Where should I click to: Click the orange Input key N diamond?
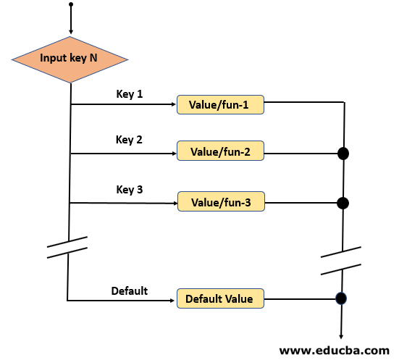70,58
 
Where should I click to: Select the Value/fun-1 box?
220,106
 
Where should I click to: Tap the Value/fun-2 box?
220,153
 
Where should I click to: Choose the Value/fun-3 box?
220,203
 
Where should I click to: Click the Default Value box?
220,298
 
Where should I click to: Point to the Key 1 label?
129,93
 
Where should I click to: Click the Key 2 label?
129,140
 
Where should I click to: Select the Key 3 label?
129,190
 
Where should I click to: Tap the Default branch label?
129,290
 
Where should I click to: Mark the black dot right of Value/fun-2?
343,154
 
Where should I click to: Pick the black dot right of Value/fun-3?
343,204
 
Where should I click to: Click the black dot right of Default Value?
340,298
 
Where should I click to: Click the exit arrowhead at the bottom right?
340,334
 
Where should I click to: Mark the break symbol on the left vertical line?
67,247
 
